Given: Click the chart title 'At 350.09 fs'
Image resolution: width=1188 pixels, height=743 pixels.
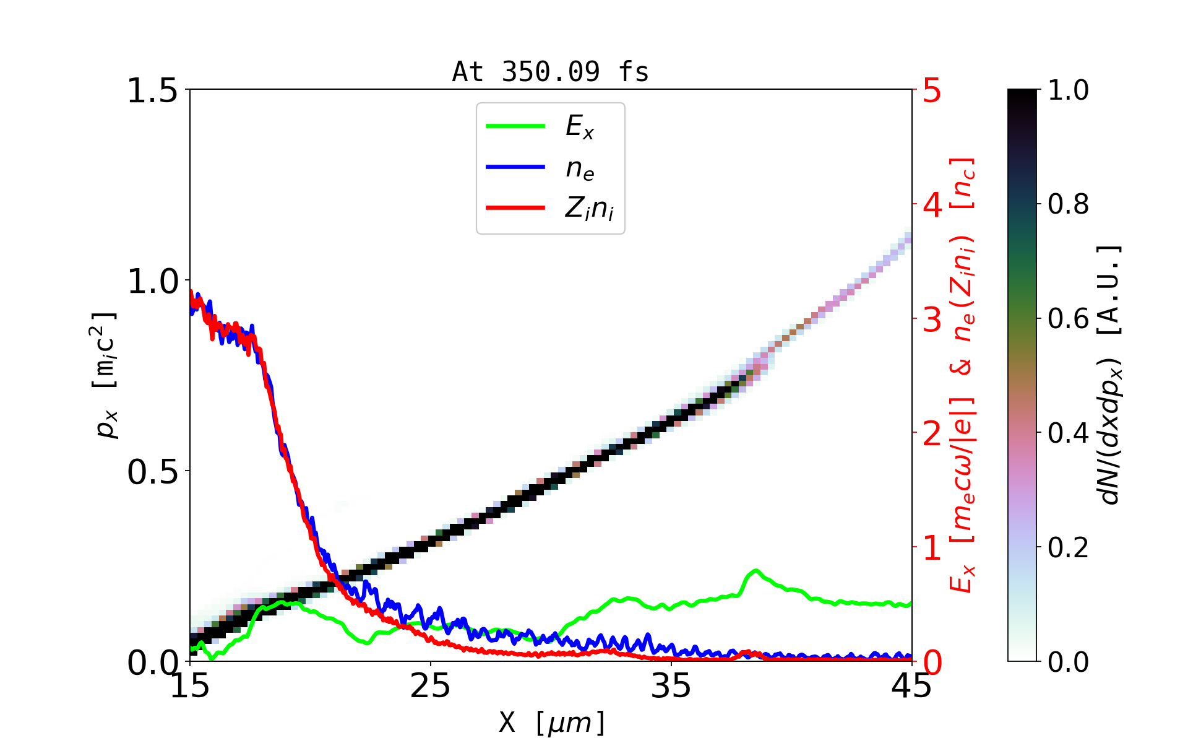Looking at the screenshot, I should click(x=550, y=72).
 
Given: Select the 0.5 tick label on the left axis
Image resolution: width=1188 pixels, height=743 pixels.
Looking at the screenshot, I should click(x=152, y=472).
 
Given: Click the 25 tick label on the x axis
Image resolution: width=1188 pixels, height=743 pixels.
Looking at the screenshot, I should click(x=430, y=686).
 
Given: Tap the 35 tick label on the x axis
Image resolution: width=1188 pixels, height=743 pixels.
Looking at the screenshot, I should click(x=671, y=686).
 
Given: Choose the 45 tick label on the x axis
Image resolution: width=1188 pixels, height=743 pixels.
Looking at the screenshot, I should click(x=912, y=686).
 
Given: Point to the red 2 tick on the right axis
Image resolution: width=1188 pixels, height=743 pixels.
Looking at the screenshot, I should click(x=932, y=433).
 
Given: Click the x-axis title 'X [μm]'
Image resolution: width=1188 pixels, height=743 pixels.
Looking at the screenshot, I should click(x=552, y=722).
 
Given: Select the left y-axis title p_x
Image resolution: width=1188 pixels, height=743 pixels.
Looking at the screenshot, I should click(x=106, y=375).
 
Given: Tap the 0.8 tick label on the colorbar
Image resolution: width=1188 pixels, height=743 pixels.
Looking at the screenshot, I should click(x=1068, y=204).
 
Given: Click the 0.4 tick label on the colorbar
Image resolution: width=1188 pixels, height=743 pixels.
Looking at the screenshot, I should click(x=1068, y=433).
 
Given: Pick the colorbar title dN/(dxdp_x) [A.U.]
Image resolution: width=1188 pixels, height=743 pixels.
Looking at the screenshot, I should click(x=1111, y=375).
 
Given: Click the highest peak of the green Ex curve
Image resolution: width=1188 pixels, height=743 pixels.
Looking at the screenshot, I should click(x=755, y=570).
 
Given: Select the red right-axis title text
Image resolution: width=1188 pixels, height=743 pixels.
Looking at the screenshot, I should click(x=963, y=375).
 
